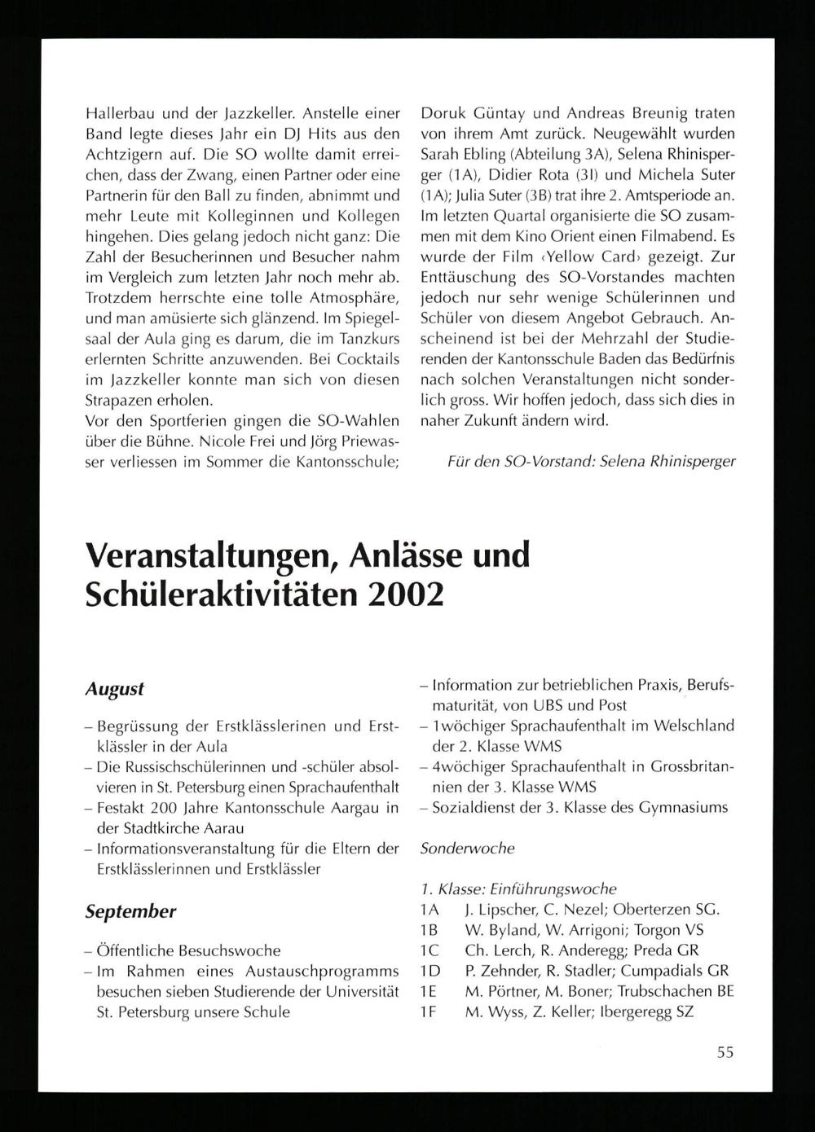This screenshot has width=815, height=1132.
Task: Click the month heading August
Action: point(114,688)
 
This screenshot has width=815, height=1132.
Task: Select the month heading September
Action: point(130,911)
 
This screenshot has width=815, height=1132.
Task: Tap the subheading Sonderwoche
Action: point(467,848)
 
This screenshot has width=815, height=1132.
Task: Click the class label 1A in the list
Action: point(430,910)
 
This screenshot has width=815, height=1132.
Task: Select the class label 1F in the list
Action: point(429,1011)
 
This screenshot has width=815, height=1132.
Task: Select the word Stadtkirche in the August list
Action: point(163,828)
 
